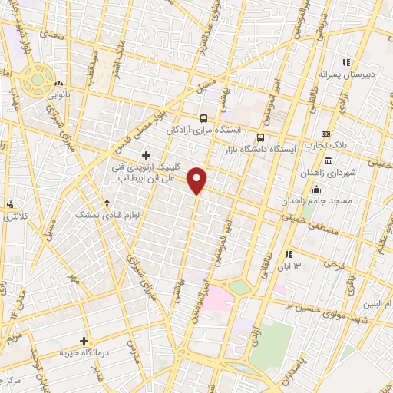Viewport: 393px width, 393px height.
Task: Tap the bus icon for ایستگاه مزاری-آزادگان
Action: point(203,118)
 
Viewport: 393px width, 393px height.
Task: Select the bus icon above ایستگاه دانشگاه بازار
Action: point(259,137)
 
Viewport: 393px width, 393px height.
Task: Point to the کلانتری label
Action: point(11,217)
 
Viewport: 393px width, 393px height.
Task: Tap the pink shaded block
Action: point(218,299)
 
